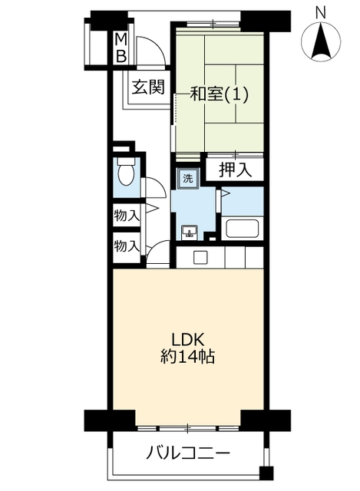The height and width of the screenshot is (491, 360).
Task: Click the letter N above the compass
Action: [321, 13]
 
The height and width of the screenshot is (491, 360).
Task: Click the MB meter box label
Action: [121, 48]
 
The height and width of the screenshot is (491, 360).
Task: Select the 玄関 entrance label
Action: [148, 87]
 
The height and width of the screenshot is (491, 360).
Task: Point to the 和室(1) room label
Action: [220, 94]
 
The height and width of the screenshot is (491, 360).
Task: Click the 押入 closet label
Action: [235, 170]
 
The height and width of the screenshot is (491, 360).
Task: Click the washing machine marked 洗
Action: [188, 179]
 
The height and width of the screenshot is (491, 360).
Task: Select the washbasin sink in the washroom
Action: [190, 232]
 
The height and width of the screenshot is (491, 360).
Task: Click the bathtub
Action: [243, 229]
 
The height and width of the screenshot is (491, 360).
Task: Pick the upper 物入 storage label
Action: [127, 216]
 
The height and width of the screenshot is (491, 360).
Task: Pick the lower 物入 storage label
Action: [127, 245]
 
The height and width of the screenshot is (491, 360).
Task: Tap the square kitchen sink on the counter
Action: [200, 258]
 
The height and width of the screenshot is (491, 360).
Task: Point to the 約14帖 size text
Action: [188, 356]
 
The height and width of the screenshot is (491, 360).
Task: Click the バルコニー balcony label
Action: [188, 453]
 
